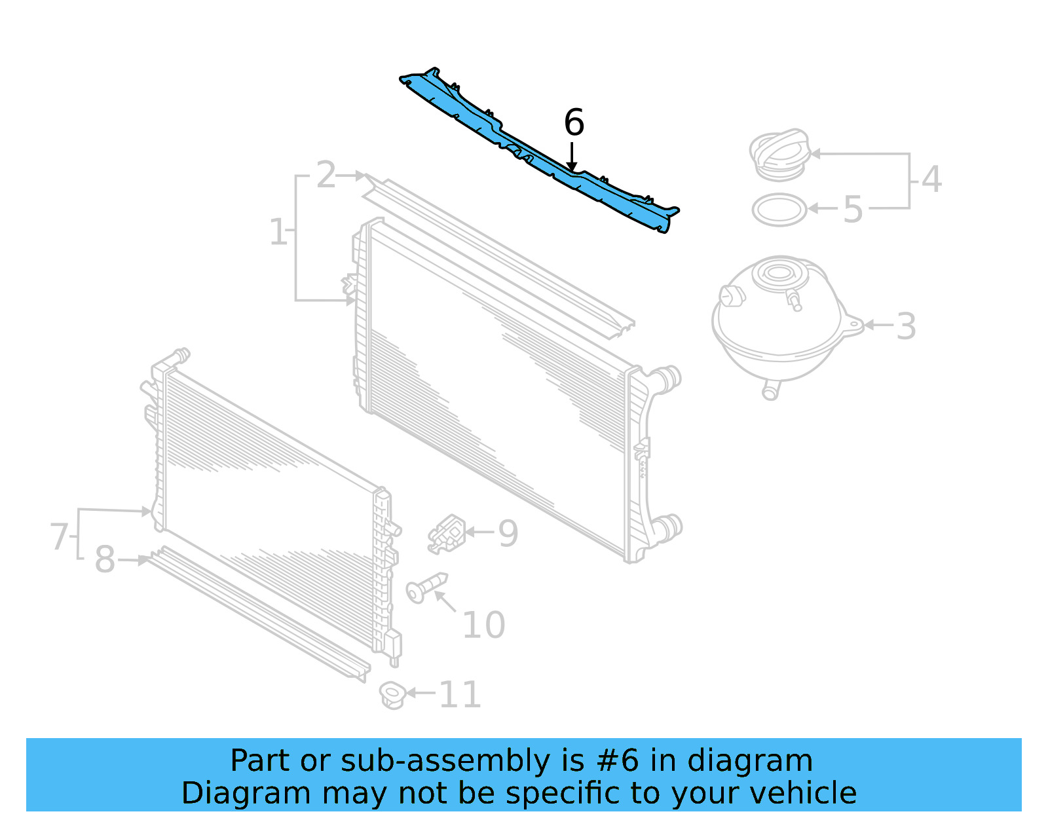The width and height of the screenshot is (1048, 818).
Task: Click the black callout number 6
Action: point(574,123)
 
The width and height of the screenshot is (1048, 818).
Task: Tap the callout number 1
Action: point(278,232)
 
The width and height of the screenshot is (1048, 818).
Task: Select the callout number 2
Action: point(326,175)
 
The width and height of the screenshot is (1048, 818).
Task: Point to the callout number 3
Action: point(906,326)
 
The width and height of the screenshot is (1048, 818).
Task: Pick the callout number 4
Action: point(931,179)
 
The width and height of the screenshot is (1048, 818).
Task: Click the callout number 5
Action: point(852,210)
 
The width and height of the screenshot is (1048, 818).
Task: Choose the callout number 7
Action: point(60,536)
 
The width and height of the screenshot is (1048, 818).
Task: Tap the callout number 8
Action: point(105,560)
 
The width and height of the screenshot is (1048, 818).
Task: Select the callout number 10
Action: point(483,625)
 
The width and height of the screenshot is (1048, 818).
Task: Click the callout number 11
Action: point(460,694)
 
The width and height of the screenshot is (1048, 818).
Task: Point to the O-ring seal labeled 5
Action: point(779,210)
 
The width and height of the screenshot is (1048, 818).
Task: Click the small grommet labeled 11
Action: point(392,694)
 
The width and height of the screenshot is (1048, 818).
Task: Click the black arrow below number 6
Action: point(572,157)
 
